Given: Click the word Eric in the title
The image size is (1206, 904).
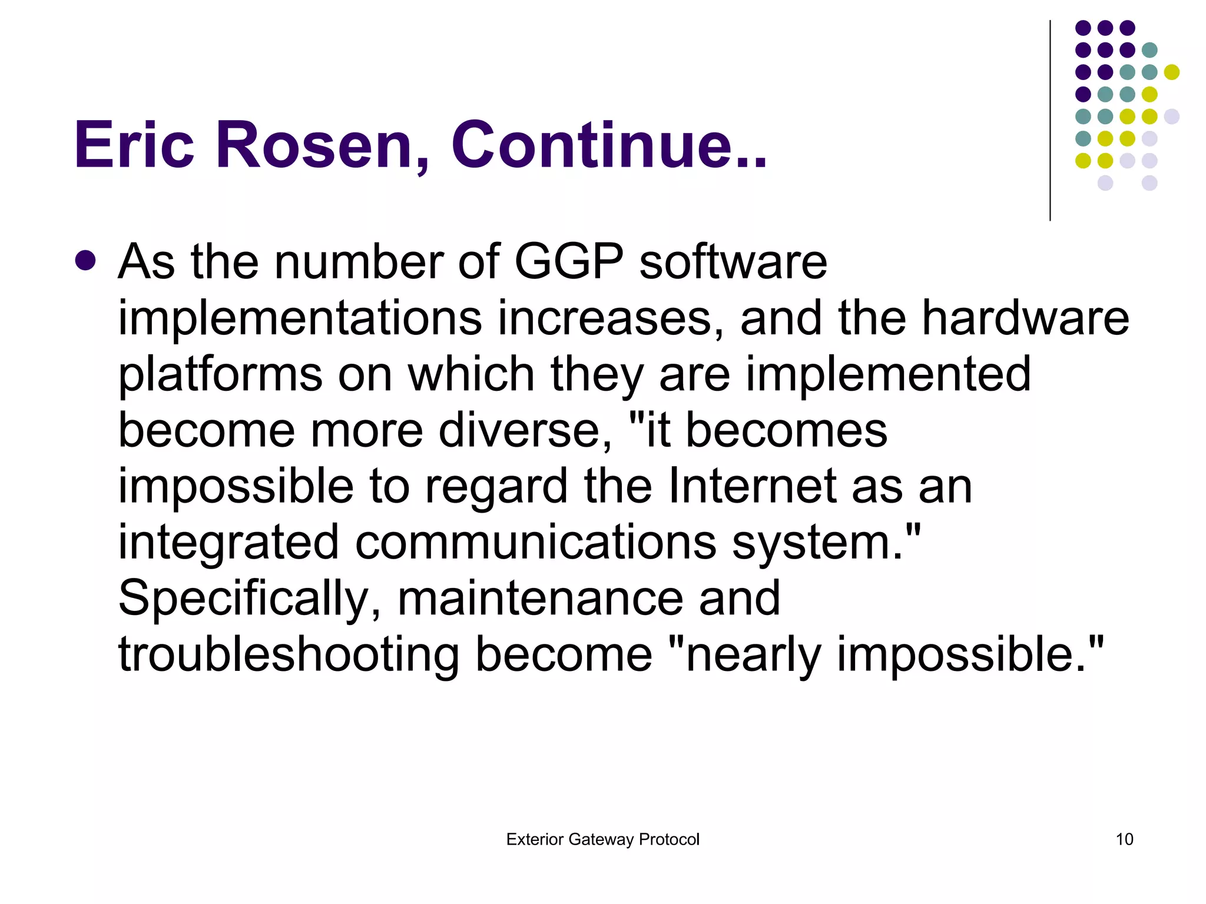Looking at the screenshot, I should pyautogui.click(x=134, y=145).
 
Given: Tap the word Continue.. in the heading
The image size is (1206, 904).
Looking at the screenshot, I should pyautogui.click(x=609, y=145).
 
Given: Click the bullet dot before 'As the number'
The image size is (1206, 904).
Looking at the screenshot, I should pyautogui.click(x=85, y=261).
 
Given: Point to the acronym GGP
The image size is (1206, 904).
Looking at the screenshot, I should pyautogui.click(x=568, y=261).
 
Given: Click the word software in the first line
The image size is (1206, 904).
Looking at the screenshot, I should pyautogui.click(x=733, y=261).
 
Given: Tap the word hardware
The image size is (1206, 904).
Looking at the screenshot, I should pyautogui.click(x=1025, y=318).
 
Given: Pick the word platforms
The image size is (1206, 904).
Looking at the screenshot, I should pyautogui.click(x=220, y=374).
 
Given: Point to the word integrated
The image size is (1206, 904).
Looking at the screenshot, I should pyautogui.click(x=228, y=543).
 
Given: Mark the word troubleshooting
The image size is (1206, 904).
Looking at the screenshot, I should pyautogui.click(x=289, y=654).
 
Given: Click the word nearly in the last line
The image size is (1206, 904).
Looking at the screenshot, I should pyautogui.click(x=753, y=654).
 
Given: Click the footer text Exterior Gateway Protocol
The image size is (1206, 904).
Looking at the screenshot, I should pyautogui.click(x=602, y=839).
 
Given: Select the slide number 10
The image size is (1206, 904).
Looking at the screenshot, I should pyautogui.click(x=1124, y=839).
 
